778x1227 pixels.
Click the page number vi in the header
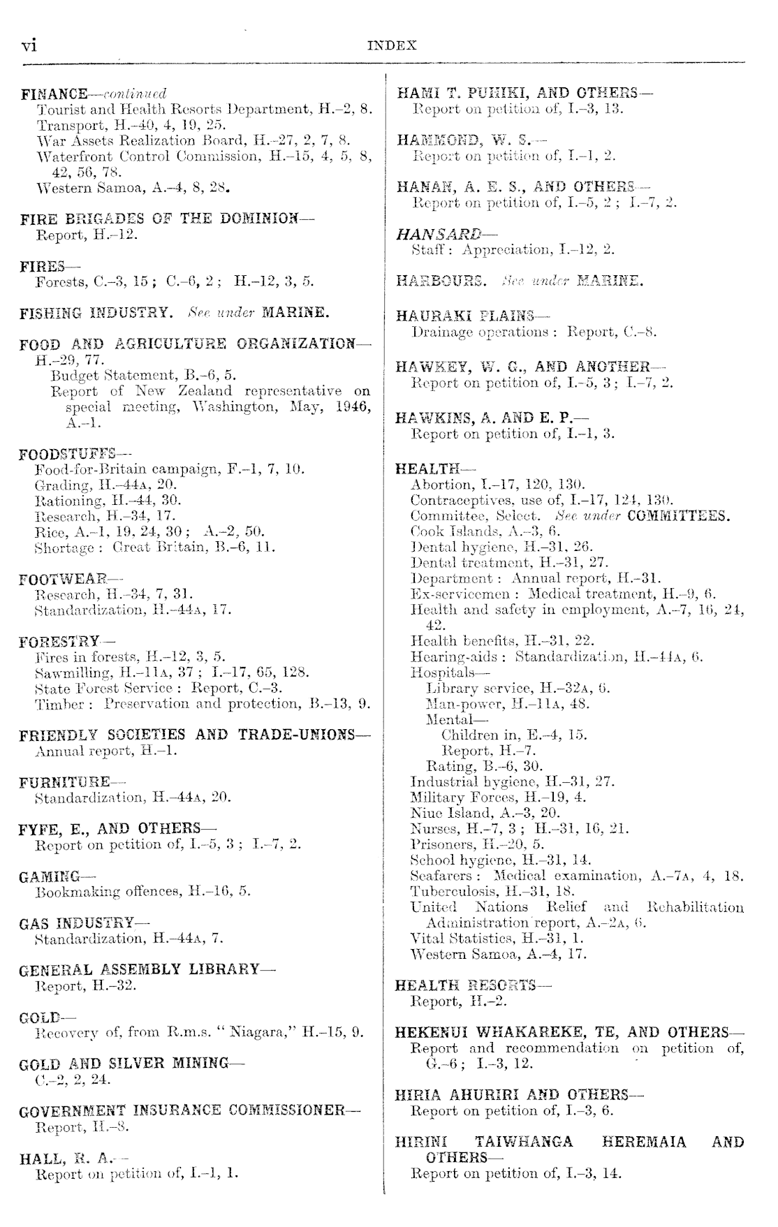pos(29,45)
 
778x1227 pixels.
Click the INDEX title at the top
pos(391,45)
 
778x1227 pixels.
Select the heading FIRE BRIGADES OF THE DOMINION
pos(167,219)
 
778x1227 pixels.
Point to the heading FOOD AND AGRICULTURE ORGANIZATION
pos(194,344)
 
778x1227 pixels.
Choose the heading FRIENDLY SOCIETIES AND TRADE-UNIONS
pos(194,735)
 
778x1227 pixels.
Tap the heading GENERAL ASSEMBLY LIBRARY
pos(147,970)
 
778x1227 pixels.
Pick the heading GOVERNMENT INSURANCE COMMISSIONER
pos(190,1110)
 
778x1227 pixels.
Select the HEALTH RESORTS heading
pos(473,985)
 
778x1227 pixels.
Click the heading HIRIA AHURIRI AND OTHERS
pos(518,1094)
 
